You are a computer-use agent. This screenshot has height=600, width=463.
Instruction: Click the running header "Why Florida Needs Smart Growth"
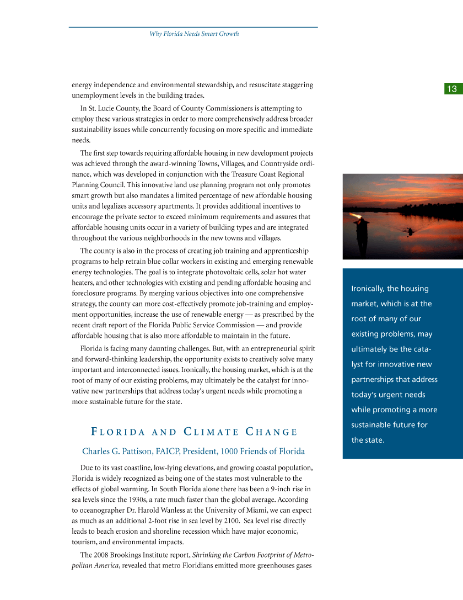tap(194, 34)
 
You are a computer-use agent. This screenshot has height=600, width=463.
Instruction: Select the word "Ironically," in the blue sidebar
tap(367, 289)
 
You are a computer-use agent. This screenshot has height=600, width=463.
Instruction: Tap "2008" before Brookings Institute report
tap(103, 555)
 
